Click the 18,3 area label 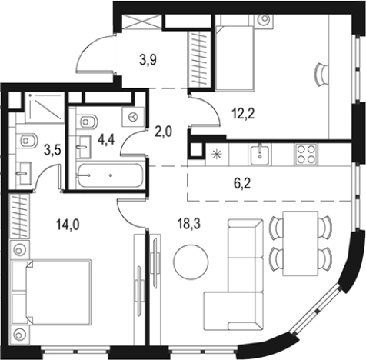pos(189,224)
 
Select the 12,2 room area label pos(243,114)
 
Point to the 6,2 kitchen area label pos(241,184)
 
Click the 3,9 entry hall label pos(148,61)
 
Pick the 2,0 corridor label pos(164,132)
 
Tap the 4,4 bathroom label pos(106,140)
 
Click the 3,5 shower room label pos(52,151)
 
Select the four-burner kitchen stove pos(306,154)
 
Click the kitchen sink pos(260,154)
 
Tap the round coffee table pos(191,262)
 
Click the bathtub pos(110,175)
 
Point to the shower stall pos(45,107)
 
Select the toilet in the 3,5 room pos(28,141)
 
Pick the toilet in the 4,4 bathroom pos(88,121)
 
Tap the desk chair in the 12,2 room pos(321,75)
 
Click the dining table pos(300,243)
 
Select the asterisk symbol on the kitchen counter pos(216,155)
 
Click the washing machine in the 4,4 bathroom pos(133,117)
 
